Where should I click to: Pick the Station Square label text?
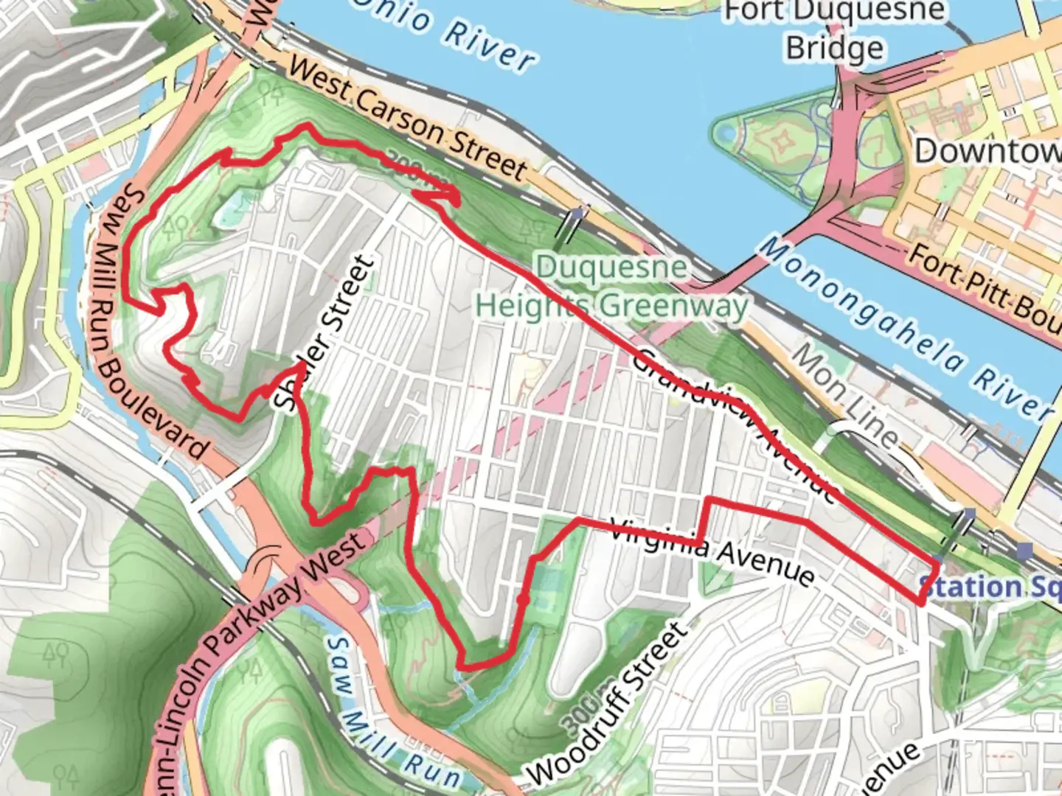click(x=989, y=587)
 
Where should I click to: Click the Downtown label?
click(x=988, y=151)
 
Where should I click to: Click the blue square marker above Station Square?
click(x=1024, y=550)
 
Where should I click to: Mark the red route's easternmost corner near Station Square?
click(x=938, y=564)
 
